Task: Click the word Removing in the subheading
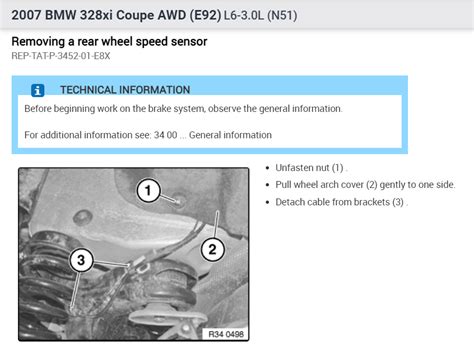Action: [40, 42]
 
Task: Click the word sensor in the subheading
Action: [183, 42]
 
